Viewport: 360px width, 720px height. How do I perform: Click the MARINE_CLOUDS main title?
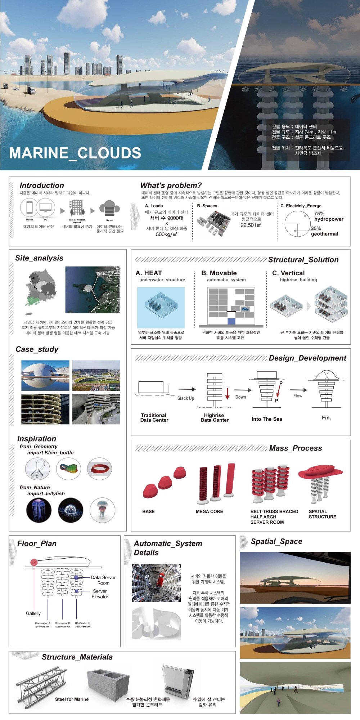coord(75,153)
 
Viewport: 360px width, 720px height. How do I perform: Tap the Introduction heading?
coord(42,185)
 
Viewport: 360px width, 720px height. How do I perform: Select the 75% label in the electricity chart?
coord(319,214)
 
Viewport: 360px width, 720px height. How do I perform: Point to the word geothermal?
coord(324,234)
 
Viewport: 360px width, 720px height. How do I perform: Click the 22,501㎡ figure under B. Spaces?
coord(251,225)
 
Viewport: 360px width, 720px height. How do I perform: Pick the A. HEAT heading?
coord(149,273)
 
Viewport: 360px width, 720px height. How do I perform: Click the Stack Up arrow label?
coord(185,398)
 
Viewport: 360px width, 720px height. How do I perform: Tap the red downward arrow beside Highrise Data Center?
coord(228,394)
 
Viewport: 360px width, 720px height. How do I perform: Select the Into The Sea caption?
coord(267,419)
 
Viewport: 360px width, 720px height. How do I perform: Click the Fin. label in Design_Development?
coord(326,418)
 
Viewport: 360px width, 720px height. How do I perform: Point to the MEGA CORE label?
coord(209,511)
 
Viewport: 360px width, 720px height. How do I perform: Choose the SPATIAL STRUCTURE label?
coord(322,514)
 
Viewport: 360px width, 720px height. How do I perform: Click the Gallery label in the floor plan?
coord(33,613)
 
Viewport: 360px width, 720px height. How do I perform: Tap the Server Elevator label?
coord(100,594)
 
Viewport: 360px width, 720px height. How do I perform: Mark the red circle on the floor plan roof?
coord(34,563)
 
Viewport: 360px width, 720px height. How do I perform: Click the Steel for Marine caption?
coord(72,699)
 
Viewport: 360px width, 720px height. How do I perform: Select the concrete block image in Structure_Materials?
coord(108,681)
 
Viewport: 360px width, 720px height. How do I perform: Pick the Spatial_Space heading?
coord(276,542)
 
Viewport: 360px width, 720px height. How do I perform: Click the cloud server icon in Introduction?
coord(109,209)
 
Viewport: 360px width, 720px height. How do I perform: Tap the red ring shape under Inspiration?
coord(100,469)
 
